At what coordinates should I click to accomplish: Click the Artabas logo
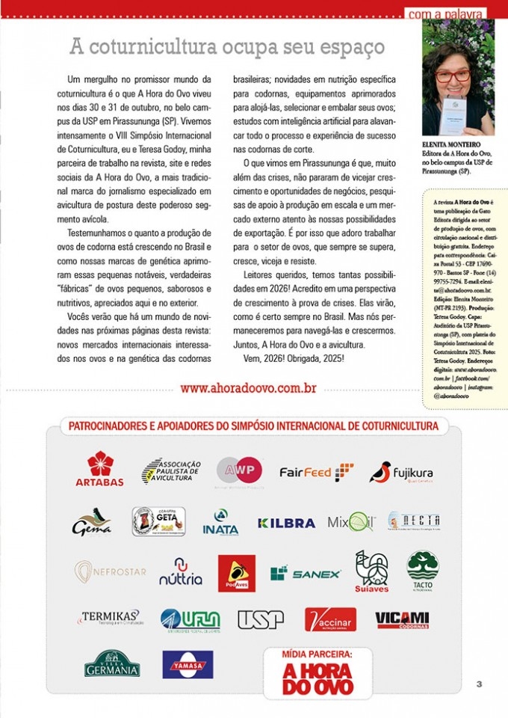[100, 470]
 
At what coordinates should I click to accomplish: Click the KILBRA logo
[286, 523]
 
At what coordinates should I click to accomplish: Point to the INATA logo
[220, 522]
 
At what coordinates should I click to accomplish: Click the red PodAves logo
[237, 573]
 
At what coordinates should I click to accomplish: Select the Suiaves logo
[371, 572]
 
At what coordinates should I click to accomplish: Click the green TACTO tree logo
[424, 571]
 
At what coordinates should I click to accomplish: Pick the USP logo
[261, 619]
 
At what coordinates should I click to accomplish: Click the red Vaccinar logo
[330, 619]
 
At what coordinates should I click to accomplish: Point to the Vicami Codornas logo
[402, 619]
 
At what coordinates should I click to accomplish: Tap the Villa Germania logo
[112, 663]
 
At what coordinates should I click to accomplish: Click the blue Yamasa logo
[188, 663]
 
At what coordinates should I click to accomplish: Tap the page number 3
[479, 683]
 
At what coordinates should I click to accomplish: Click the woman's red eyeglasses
[453, 75]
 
